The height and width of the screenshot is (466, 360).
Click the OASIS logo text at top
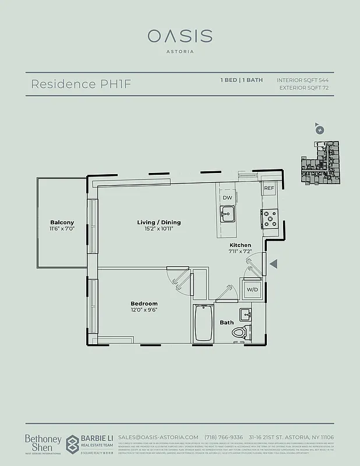click(x=179, y=36)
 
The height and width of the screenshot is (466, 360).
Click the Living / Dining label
click(x=159, y=223)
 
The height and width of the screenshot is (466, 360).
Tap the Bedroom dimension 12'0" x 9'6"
click(x=144, y=310)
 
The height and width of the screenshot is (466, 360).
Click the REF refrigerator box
click(x=269, y=189)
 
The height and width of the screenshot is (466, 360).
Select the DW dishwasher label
click(x=227, y=198)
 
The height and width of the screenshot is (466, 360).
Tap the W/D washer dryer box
click(x=252, y=290)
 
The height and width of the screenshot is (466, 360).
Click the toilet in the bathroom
click(x=239, y=333)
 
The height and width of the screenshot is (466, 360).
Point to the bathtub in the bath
click(x=203, y=323)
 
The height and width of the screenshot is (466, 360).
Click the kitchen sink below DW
click(x=227, y=214)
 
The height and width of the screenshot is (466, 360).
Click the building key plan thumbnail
click(x=319, y=163)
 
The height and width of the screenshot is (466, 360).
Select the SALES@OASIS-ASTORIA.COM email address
click(x=158, y=437)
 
